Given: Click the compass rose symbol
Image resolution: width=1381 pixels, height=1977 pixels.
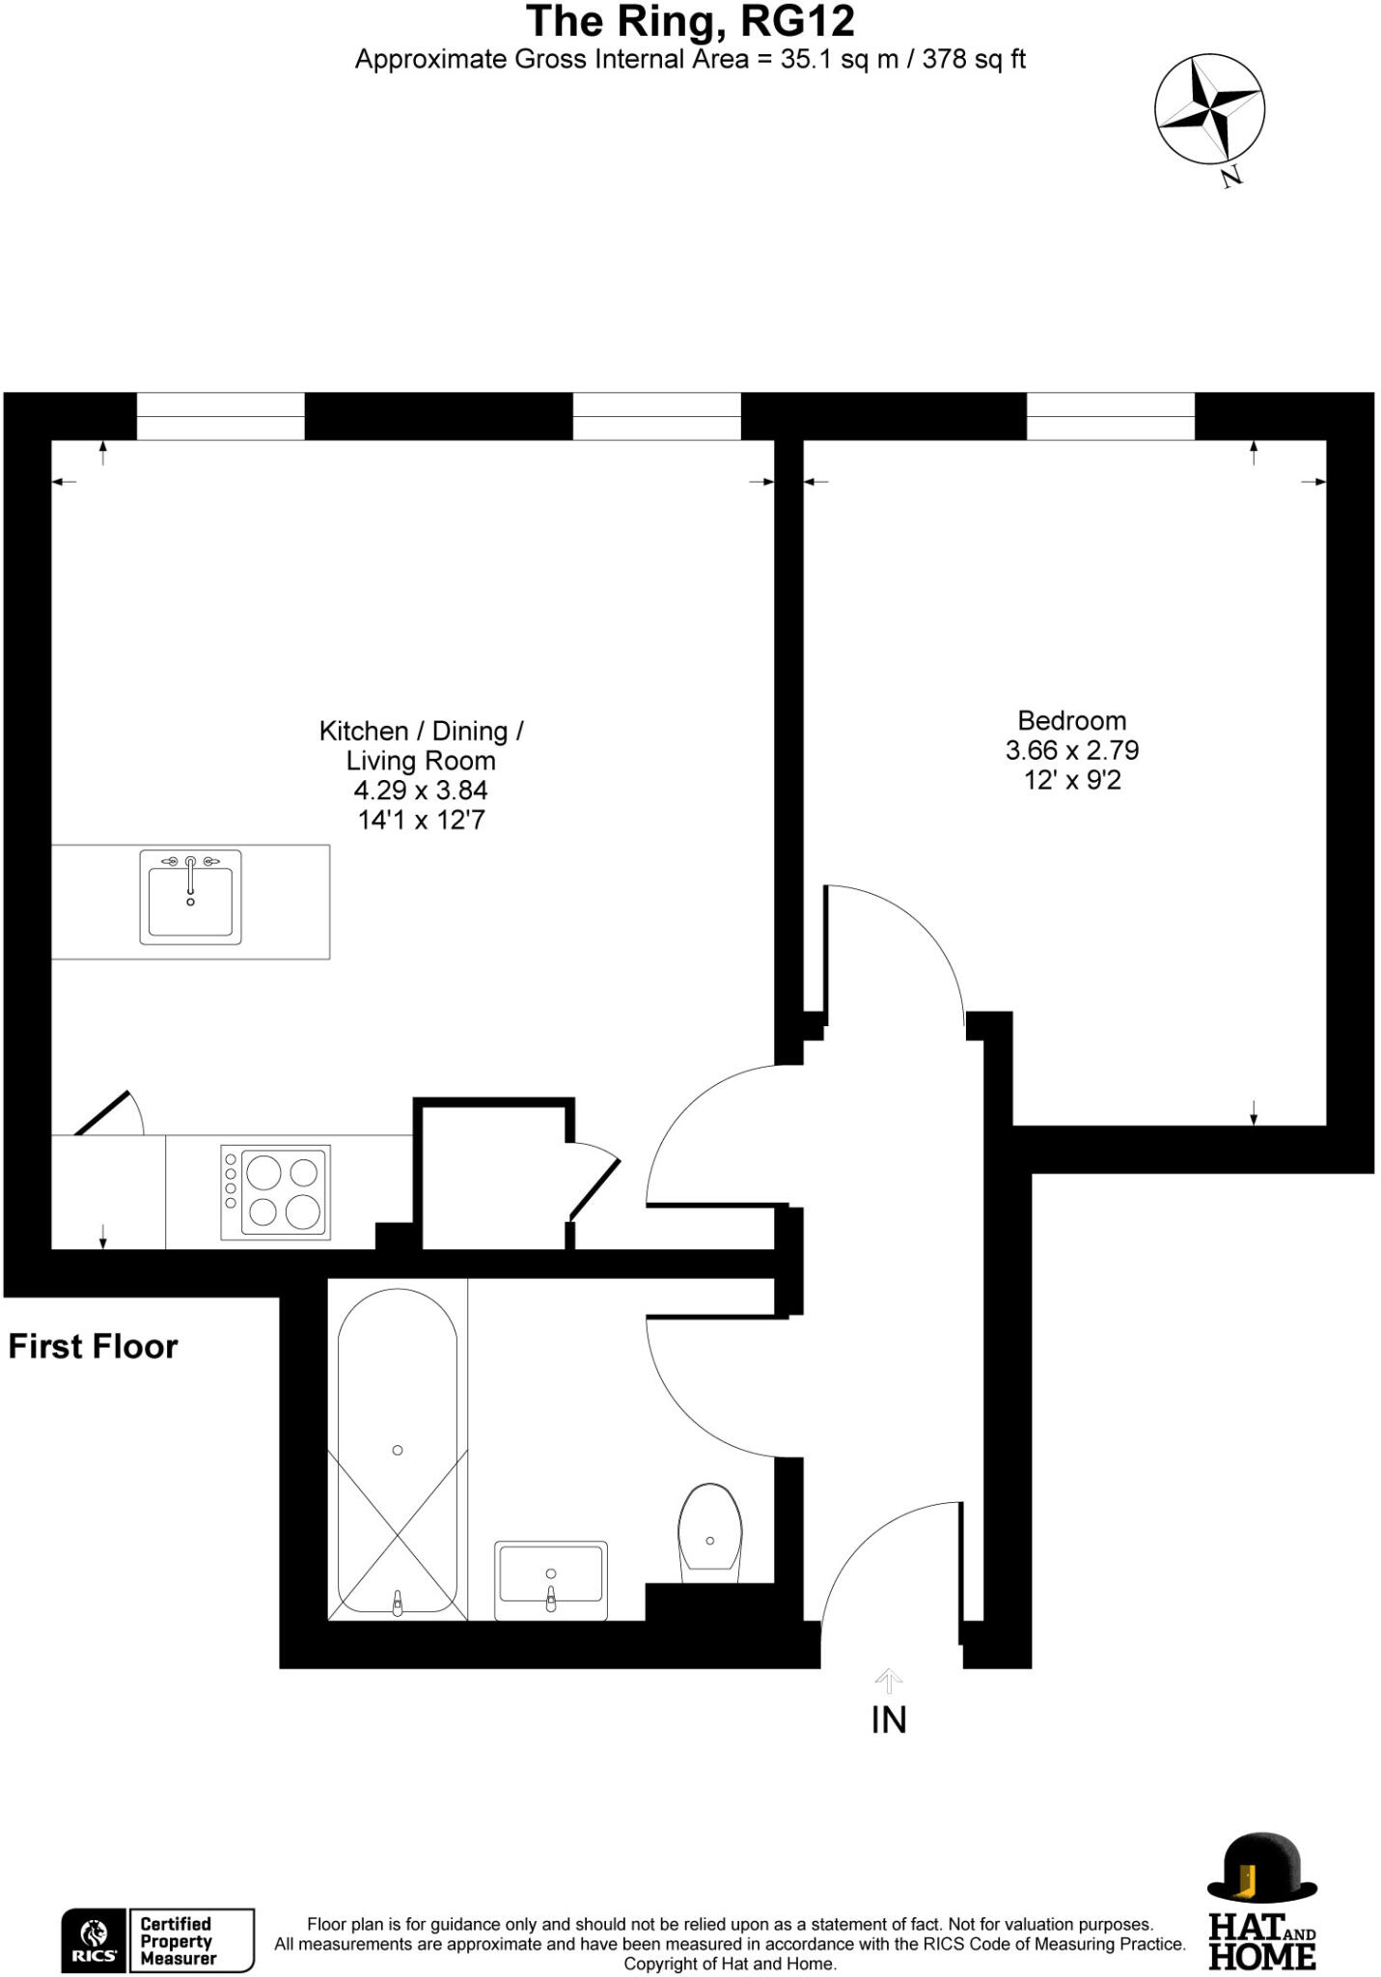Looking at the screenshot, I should coord(1209,109).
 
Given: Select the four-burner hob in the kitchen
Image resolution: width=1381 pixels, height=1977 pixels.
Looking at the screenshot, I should coord(276,1192).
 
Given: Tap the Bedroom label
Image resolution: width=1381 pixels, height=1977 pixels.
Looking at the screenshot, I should coord(1071,720).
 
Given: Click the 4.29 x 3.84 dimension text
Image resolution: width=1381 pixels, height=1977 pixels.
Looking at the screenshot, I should coord(421,791).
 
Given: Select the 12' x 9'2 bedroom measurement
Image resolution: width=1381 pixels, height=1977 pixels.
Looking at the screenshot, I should coord(1072,780).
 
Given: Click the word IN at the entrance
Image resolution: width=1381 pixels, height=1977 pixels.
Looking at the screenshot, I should coord(888,1719).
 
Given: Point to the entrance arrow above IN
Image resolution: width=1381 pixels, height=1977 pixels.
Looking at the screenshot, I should coord(888,1681).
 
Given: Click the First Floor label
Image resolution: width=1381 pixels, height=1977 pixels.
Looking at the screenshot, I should coord(93,1347).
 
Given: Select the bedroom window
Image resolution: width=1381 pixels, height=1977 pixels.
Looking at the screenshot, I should coord(1110,417).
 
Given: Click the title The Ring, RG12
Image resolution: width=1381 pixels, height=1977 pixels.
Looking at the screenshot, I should coord(690,21).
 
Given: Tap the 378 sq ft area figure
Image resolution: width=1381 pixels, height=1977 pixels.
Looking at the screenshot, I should coord(973,60).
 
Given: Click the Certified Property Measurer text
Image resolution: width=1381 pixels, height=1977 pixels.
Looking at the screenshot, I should coord(177,1940).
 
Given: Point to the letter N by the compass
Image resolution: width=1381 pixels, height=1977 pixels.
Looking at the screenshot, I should coord(1230,177).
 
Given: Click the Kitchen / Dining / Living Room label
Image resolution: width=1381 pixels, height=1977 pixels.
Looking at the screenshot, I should coord(421,745).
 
